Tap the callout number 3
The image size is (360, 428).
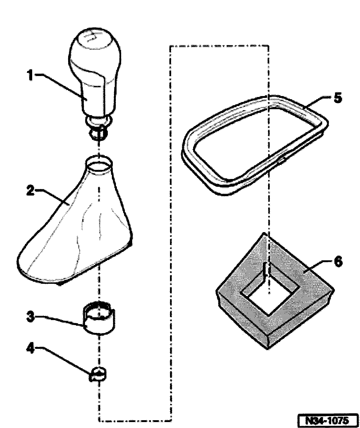(x=30, y=317)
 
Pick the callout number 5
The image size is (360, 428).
(x=337, y=98)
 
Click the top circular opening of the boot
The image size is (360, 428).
(x=99, y=164)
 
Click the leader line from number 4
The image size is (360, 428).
(x=66, y=360)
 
